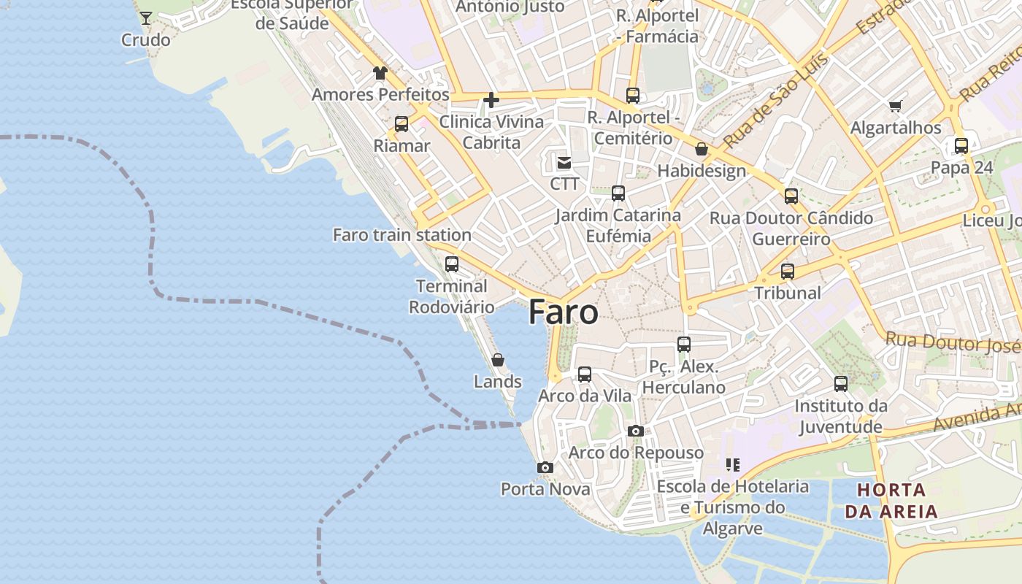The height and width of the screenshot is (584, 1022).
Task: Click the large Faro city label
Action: coord(564,312)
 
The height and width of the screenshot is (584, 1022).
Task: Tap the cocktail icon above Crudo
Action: coord(146,18)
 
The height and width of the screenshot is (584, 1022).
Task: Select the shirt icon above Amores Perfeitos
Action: coord(380,72)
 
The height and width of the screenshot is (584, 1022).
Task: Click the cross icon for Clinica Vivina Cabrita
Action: coord(491,99)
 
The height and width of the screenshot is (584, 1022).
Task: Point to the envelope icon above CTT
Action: coord(564,162)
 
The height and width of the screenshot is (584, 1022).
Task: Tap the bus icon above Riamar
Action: coord(401,124)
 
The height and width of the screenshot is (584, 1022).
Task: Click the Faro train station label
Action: coord(402,235)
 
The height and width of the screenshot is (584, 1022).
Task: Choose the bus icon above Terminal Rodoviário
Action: coord(452,264)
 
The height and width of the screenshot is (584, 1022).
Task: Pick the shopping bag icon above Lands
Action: coord(498,360)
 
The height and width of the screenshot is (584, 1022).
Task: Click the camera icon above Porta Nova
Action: coord(545,467)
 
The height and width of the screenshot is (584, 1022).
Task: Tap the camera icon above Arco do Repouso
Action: coord(636,431)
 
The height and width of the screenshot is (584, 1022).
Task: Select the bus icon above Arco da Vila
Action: coord(585,374)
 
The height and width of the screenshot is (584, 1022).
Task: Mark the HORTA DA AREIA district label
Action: coord(891,500)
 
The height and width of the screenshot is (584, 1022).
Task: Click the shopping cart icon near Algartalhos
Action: coord(896,106)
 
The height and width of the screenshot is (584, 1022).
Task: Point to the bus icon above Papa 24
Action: coord(961,146)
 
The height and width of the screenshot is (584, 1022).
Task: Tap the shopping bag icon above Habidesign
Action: coord(702,149)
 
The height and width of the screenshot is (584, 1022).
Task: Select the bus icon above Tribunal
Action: coord(787,272)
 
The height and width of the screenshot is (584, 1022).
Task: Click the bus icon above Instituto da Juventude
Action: coord(841,384)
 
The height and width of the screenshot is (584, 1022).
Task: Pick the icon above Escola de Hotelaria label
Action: coord(733,464)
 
